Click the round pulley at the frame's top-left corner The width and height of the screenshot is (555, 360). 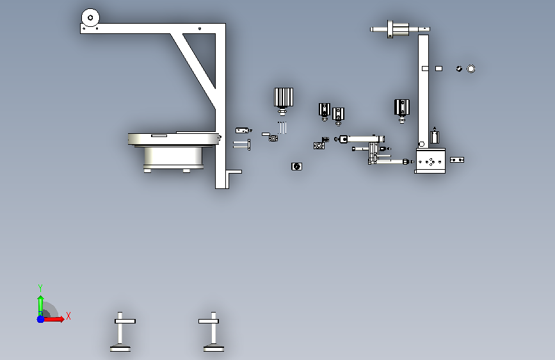click(90, 17)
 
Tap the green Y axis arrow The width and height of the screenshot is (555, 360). click(40, 306)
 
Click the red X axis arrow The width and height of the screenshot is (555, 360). click(54, 319)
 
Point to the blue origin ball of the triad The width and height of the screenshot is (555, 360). click(41, 319)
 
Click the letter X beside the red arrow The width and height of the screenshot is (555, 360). click(68, 316)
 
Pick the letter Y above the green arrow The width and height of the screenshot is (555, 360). click(40, 288)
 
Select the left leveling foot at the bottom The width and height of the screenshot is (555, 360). click(120, 332)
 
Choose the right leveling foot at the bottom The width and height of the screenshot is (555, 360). click(213, 332)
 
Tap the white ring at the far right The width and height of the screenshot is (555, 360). click(471, 69)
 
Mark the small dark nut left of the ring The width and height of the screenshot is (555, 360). click(459, 69)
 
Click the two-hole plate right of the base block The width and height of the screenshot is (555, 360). click(457, 160)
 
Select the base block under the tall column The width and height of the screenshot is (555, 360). click(430, 161)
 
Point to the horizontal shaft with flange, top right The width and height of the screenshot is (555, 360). click(400, 29)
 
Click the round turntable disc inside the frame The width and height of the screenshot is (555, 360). click(173, 139)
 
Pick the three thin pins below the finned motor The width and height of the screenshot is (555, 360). click(282, 127)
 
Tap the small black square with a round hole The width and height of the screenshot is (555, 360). click(296, 167)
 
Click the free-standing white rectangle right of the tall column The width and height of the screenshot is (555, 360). click(438, 69)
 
